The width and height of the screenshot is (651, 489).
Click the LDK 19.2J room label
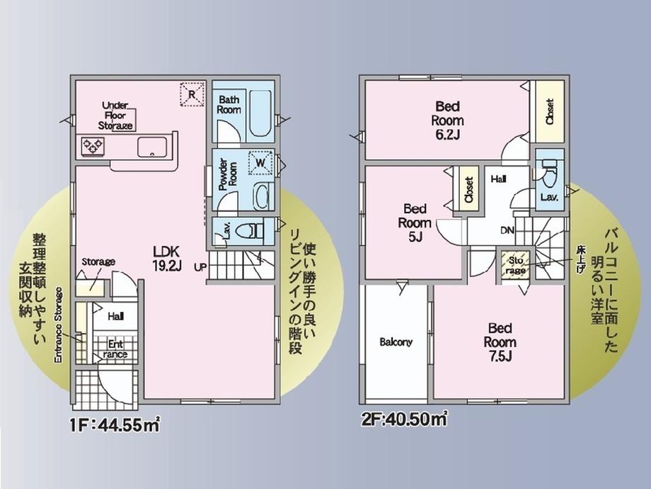(x=167, y=258)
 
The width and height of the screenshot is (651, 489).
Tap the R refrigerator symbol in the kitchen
(x=192, y=94)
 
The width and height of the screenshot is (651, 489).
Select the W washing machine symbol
(x=260, y=162)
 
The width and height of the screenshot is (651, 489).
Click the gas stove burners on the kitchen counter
(x=93, y=146)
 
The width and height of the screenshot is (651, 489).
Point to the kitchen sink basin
(x=152, y=147)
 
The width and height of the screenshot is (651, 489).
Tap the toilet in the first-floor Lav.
(x=249, y=230)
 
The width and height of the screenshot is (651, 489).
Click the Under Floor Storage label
(x=115, y=116)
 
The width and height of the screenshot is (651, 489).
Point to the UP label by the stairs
(x=200, y=267)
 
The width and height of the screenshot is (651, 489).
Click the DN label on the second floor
(x=507, y=230)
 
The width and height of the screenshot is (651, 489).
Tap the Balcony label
(x=396, y=342)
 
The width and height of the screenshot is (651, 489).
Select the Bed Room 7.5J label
(x=500, y=342)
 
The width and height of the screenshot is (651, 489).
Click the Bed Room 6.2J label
(x=447, y=120)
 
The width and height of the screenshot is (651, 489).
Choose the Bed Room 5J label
(x=415, y=223)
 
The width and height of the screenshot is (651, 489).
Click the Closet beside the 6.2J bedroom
(x=550, y=111)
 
